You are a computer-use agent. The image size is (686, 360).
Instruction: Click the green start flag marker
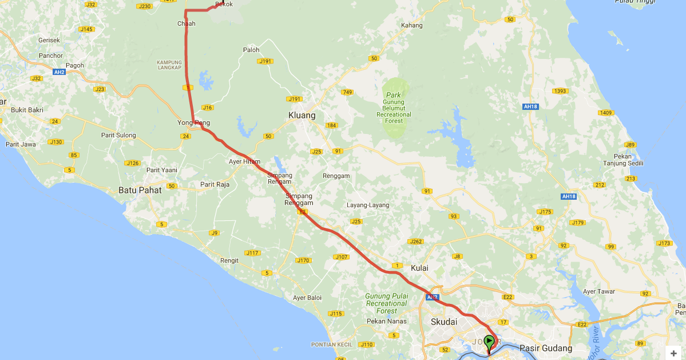(x=489, y=342)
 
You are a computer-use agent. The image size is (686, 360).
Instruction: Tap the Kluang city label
(x=302, y=116)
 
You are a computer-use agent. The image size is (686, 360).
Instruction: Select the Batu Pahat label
(x=140, y=190)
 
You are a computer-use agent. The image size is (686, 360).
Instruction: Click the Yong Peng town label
(x=194, y=123)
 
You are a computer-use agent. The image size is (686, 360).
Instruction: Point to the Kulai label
(x=419, y=267)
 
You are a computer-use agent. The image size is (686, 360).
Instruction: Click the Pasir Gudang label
(x=545, y=348)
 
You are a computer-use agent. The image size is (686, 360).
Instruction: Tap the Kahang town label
(x=411, y=25)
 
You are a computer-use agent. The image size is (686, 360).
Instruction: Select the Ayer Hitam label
(x=244, y=162)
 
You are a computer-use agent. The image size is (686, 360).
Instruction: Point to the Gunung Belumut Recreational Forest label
(x=394, y=108)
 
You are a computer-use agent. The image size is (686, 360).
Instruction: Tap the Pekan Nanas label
(x=387, y=321)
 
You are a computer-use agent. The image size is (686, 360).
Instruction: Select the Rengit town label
(x=229, y=260)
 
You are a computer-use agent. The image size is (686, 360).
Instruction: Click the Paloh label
(x=251, y=50)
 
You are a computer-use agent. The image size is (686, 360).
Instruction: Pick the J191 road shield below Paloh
(x=265, y=61)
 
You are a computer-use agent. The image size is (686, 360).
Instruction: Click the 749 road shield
(x=347, y=92)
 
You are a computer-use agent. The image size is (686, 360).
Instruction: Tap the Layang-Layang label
(x=368, y=205)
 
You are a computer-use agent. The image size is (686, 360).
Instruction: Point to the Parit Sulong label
(x=118, y=135)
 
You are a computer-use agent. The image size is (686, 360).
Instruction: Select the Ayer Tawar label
(x=598, y=291)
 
